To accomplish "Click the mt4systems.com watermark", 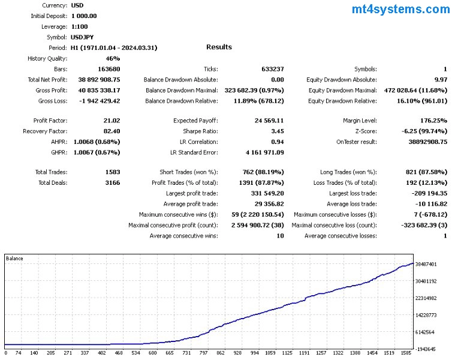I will pyautogui.click(x=401, y=10).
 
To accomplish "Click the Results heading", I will pyautogui.click(x=219, y=47).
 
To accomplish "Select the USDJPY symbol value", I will pyautogui.click(x=82, y=37).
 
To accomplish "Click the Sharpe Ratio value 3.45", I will pyautogui.click(x=276, y=131).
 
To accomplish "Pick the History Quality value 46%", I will pyautogui.click(x=113, y=58).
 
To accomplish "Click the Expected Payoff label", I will pyautogui.click(x=195, y=121).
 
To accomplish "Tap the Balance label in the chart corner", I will pyautogui.click(x=14, y=259).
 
